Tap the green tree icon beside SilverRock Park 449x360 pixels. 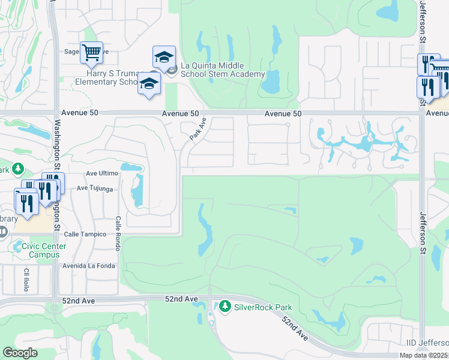pyautogui.click(x=225, y=307)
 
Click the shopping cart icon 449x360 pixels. pyautogui.click(x=91, y=52)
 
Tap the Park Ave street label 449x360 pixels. pyautogui.click(x=198, y=129)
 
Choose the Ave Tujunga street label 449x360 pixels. pyautogui.click(x=95, y=188)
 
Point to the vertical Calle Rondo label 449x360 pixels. pyautogui.click(x=118, y=233)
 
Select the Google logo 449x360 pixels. pyautogui.click(x=20, y=353)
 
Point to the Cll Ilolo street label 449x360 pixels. pyautogui.click(x=26, y=281)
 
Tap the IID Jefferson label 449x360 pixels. pyautogui.click(x=426, y=343)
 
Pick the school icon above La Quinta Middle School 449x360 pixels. pyautogui.click(x=164, y=56)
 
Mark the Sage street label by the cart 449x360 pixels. pyautogui.click(x=72, y=52)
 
